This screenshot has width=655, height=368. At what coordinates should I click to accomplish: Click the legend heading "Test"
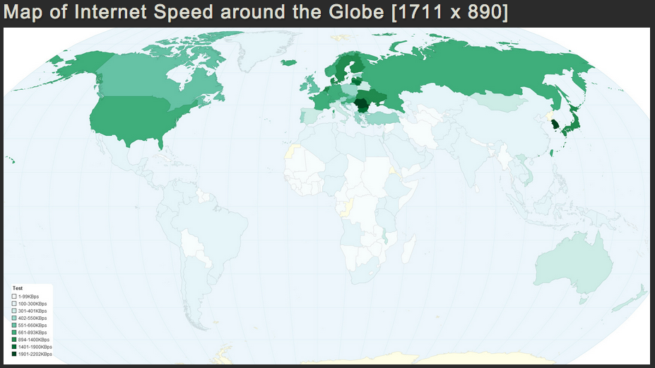pyautogui.click(x=17, y=288)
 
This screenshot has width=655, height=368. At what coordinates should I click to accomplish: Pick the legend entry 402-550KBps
pyautogui.click(x=32, y=318)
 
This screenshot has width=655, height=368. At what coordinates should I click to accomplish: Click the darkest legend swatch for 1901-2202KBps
pyautogui.click(x=15, y=354)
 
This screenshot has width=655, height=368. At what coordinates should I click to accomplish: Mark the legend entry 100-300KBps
pyautogui.click(x=32, y=303)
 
